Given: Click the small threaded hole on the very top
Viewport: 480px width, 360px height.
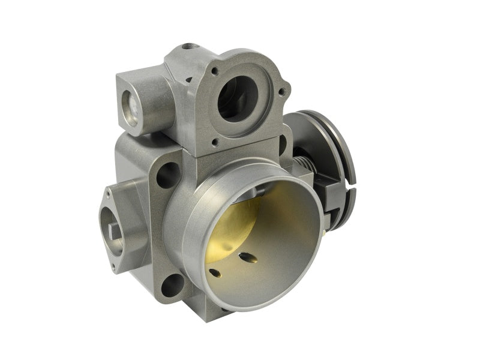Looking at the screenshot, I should [190, 46].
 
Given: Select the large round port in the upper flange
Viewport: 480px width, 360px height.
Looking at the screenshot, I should [238, 98].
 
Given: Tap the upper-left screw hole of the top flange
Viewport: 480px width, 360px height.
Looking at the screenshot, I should [214, 71].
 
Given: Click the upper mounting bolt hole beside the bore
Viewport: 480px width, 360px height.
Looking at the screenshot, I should [167, 175].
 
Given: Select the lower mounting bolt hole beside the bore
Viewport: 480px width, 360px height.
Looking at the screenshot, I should [172, 284].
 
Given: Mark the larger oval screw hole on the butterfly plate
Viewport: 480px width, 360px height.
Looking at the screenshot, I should [247, 258].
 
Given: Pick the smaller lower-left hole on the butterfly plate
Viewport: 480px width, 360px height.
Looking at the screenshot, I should [214, 273].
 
